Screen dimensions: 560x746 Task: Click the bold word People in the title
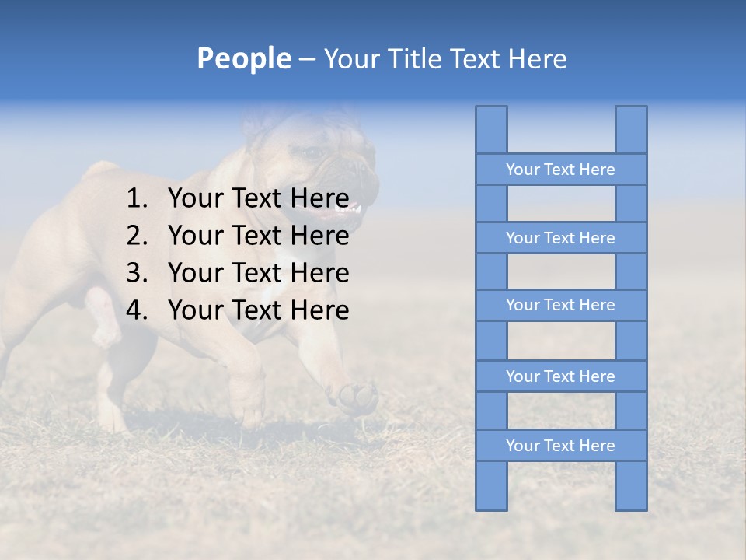coord(243,58)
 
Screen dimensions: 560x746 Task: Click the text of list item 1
coord(258,198)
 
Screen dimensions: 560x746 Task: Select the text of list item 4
coord(258,310)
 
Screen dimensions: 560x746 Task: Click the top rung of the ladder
coord(560,170)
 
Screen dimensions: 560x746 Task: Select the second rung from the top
coord(560,238)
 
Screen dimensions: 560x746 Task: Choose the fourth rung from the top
coord(560,376)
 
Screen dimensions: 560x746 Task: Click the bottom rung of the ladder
coord(560,446)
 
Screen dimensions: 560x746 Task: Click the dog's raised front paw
coord(356,397)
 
